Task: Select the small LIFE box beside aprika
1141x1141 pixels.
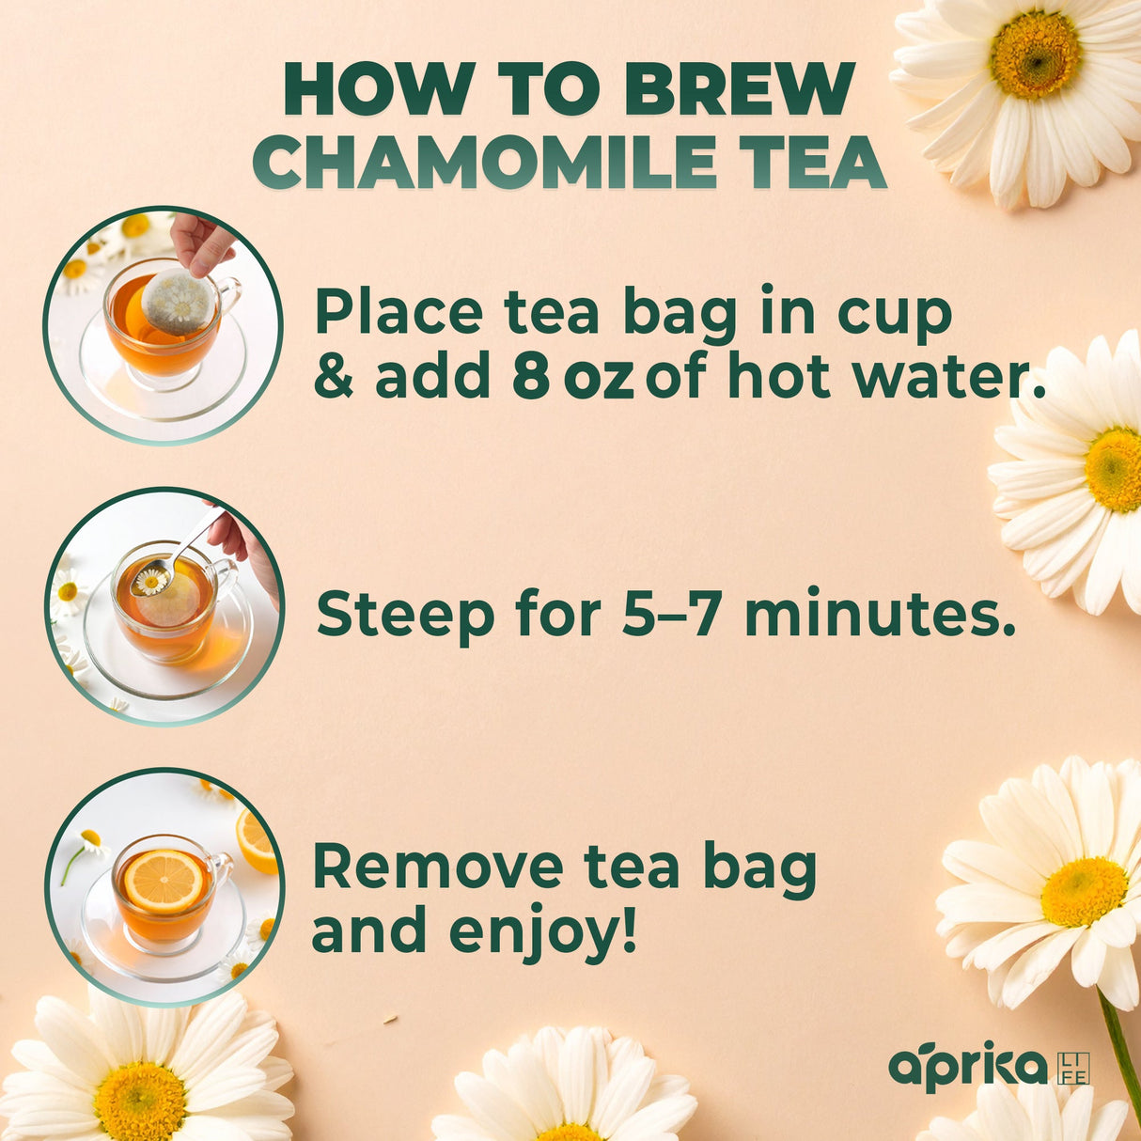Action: click(1073, 1069)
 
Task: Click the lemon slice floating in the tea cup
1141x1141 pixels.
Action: click(164, 882)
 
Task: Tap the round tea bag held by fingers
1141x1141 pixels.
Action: click(177, 301)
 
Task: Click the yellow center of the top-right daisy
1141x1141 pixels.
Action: click(1035, 55)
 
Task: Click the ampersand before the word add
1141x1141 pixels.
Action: click(334, 378)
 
